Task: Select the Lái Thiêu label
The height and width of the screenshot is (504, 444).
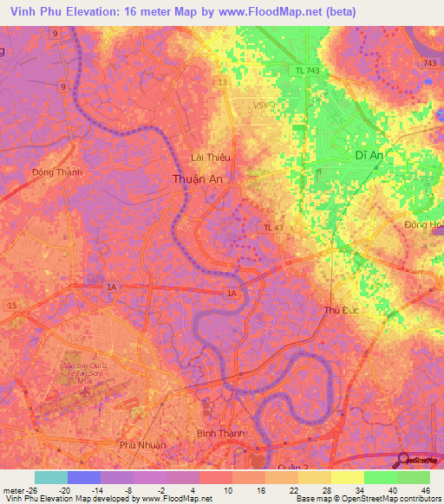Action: pyautogui.click(x=210, y=157)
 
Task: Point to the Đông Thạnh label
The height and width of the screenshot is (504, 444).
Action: pyautogui.click(x=56, y=171)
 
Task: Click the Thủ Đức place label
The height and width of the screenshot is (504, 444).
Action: pyautogui.click(x=341, y=309)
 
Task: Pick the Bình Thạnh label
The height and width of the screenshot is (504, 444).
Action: pyautogui.click(x=220, y=432)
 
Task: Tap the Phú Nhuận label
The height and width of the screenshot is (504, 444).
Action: pyautogui.click(x=141, y=444)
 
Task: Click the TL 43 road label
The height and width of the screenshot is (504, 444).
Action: pyautogui.click(x=273, y=227)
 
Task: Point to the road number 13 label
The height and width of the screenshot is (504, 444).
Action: pyautogui.click(x=223, y=82)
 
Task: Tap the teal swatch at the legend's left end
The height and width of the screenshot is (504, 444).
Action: pyautogui.click(x=51, y=477)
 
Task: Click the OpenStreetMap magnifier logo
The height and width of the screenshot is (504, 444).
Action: pyautogui.click(x=405, y=460)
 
